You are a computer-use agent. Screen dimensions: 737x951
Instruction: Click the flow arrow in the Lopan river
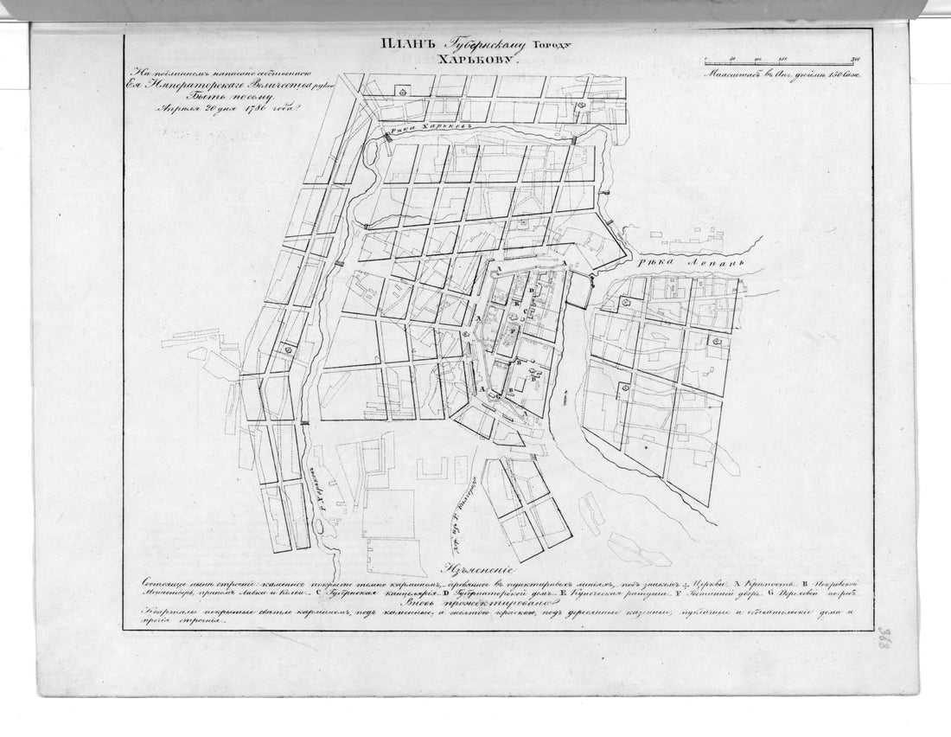point(563,396)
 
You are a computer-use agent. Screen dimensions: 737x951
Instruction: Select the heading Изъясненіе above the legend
point(488,571)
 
